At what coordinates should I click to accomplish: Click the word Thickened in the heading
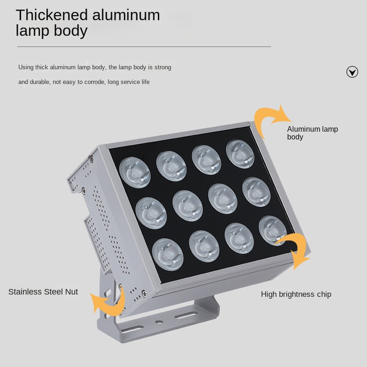tap(52, 15)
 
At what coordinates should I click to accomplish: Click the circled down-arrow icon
tap(352, 72)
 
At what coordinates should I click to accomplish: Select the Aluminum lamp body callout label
tap(312, 133)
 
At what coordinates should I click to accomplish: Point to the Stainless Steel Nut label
tap(43, 292)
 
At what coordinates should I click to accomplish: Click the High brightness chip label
tap(296, 295)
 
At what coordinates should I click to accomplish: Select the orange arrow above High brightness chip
tap(295, 250)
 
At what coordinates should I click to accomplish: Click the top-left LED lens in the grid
tap(135, 171)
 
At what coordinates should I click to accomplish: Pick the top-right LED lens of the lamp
tap(240, 154)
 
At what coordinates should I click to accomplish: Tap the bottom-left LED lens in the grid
tap(168, 253)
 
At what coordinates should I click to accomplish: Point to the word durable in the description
tap(39, 82)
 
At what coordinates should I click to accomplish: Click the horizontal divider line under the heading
tap(144, 47)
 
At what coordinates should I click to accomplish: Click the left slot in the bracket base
tap(133, 328)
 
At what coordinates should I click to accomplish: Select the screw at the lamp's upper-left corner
tap(91, 159)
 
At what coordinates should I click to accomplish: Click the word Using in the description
tap(26, 67)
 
